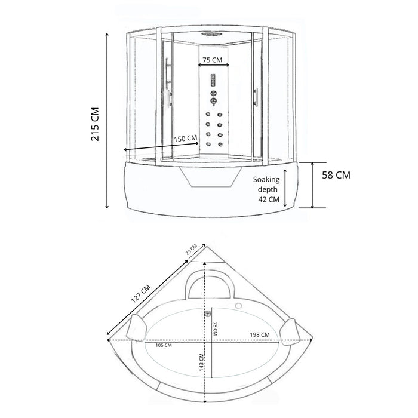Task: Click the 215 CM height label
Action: point(95,124)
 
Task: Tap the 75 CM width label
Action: point(212,60)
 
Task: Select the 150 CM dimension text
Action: point(186,139)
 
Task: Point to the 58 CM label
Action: point(336,175)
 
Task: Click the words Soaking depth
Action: point(266,185)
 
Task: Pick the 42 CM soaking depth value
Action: point(269,199)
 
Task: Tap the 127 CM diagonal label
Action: point(141,294)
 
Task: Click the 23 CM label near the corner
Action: point(191,250)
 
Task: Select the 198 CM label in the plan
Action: point(260,334)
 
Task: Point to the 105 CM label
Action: point(164,345)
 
